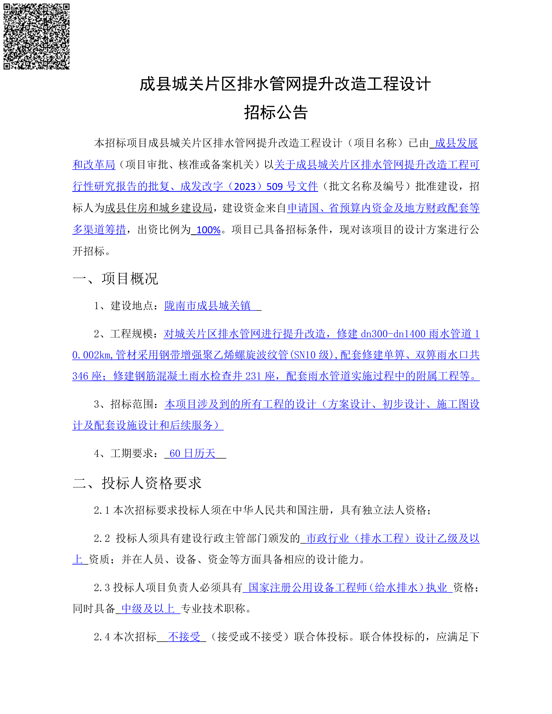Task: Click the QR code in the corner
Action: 36,36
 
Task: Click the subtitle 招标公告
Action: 276,113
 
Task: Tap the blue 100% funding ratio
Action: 208,230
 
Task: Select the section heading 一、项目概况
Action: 115,279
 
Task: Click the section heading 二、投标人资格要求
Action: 137,483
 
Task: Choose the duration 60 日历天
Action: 192,453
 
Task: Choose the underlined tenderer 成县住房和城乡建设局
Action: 159,208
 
